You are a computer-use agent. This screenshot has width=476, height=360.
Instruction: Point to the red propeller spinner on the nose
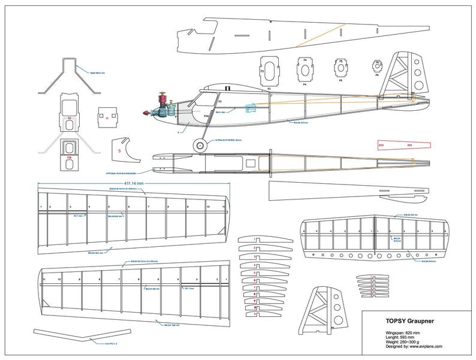[x=144, y=113]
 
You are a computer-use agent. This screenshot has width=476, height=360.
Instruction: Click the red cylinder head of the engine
[x=161, y=98]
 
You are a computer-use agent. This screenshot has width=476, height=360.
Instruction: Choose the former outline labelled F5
[x=342, y=69]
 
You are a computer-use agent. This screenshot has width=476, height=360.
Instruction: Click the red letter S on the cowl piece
[x=119, y=151]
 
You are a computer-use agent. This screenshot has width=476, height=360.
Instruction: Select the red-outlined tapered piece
[x=404, y=146]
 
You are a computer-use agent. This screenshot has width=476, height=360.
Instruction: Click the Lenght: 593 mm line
[x=405, y=335]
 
